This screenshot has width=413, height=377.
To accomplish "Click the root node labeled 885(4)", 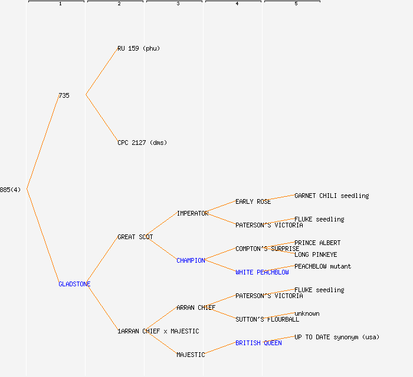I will (10, 190).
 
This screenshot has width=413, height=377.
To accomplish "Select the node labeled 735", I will (64, 95).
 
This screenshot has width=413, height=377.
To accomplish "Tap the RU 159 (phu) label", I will (139, 48).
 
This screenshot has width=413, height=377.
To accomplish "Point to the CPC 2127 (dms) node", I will (142, 143).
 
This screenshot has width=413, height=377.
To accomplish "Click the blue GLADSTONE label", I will (74, 284).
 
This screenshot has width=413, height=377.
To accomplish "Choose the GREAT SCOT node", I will (135, 237).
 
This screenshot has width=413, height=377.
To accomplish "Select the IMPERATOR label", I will (192, 213).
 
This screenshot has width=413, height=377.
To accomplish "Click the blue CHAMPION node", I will (191, 260).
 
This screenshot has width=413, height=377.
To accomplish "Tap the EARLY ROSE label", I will (253, 201).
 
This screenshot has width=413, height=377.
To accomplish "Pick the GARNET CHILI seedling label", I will (332, 196).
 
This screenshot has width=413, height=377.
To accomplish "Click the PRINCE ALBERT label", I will (317, 243).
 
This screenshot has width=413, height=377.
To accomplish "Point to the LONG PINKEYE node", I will (316, 254).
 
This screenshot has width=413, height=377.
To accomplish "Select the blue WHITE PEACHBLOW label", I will (262, 272).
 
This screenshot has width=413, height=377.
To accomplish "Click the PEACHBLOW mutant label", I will (323, 266).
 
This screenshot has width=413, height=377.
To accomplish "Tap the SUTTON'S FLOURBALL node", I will (267, 319).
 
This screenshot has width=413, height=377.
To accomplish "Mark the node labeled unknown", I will (307, 313).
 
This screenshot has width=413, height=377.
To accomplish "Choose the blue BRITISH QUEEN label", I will (258, 343).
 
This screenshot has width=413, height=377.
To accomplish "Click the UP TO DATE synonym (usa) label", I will (337, 337).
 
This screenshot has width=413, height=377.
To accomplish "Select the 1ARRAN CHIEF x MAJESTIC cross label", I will (158, 331).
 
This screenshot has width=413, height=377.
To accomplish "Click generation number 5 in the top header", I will (296, 4).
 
